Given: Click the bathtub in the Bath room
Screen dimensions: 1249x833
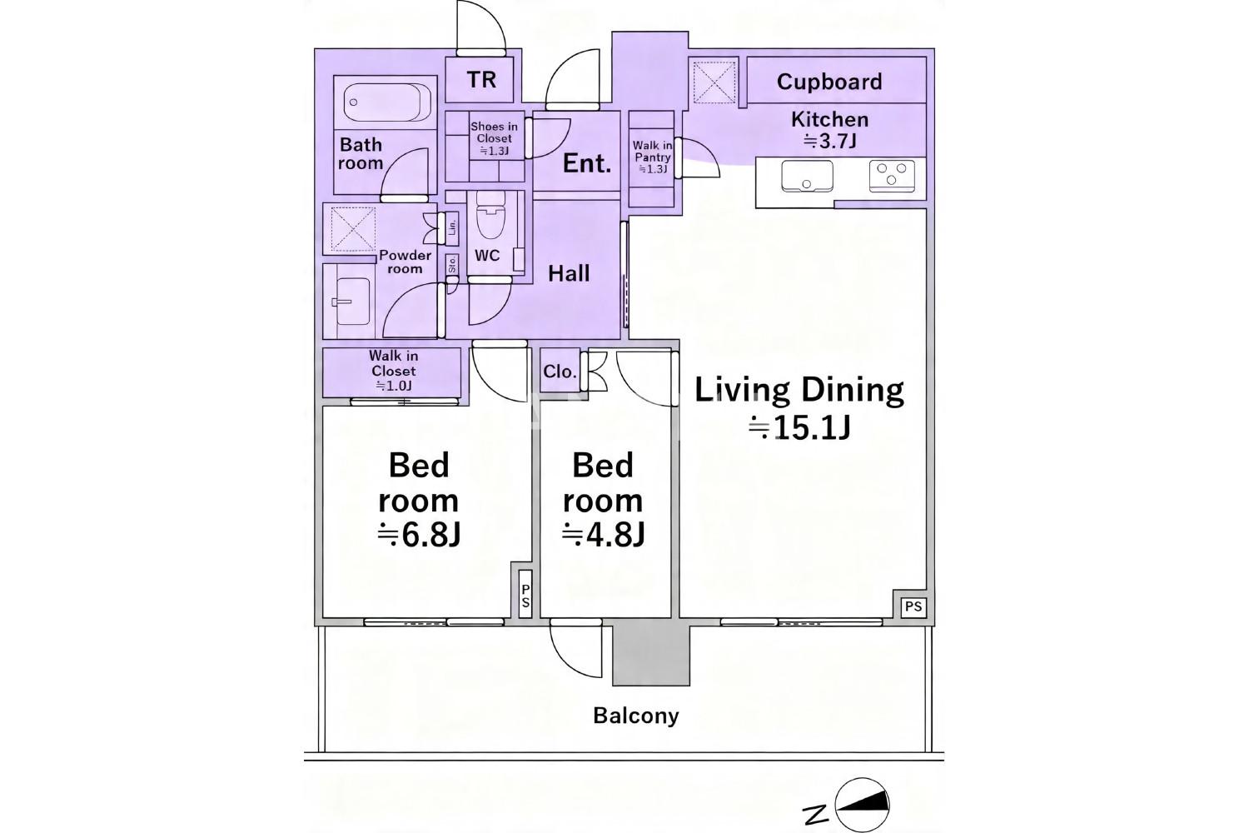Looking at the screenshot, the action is [x=386, y=102].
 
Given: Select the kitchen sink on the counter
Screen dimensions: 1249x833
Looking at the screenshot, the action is [x=807, y=176].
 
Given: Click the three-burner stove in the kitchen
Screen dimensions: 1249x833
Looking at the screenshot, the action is [x=892, y=176].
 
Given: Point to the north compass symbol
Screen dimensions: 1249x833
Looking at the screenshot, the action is [x=862, y=805].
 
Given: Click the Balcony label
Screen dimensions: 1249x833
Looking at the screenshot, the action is [x=635, y=716].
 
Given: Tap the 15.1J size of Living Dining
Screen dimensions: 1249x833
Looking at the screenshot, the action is [x=799, y=429].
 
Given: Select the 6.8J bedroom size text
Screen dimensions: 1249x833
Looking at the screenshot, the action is [x=419, y=536].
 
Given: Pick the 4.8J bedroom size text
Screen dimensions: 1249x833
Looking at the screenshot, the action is [x=604, y=536].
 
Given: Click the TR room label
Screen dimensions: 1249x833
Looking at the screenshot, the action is [x=482, y=80].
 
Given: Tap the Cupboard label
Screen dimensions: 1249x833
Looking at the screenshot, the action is [x=829, y=82].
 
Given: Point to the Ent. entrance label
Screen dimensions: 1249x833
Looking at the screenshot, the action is [x=586, y=163].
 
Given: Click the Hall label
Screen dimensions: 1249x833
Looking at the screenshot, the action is [x=569, y=274].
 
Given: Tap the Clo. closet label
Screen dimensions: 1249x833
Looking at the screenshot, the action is [x=560, y=372].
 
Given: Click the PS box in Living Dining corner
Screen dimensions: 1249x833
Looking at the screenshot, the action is [x=913, y=606].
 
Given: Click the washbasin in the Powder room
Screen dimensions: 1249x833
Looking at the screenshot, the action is [x=352, y=302].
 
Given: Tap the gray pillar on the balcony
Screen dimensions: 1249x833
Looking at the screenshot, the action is [x=651, y=655].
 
